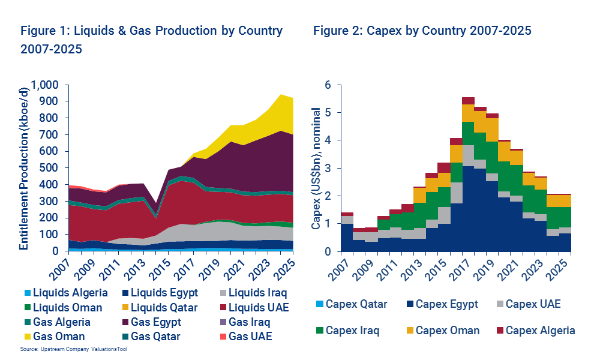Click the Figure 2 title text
(x=422, y=31)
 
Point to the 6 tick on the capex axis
(x=328, y=85)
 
